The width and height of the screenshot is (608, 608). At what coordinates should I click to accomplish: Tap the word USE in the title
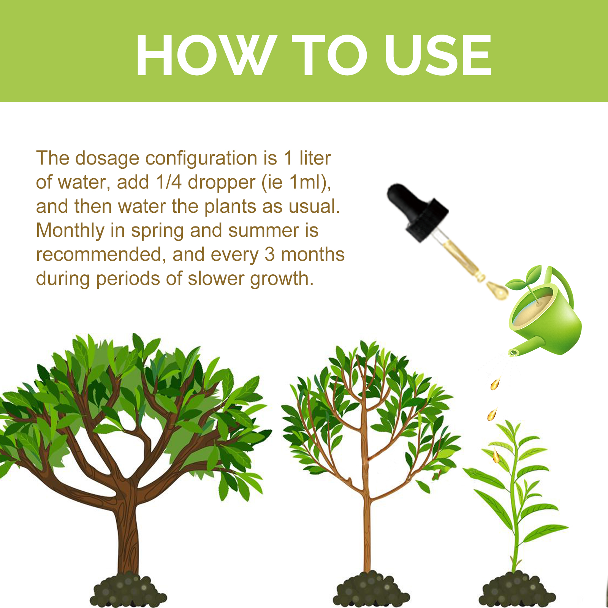coord(438,55)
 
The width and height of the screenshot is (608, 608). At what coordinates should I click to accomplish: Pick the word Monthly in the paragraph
coord(70,231)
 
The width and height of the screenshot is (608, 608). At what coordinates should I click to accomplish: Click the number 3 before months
coord(270,255)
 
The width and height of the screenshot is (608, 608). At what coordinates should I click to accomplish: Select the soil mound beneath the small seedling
coord(517,591)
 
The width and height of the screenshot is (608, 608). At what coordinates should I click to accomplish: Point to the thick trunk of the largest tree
coord(127,532)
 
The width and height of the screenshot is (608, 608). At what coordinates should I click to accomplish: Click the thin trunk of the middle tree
coord(367,532)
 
